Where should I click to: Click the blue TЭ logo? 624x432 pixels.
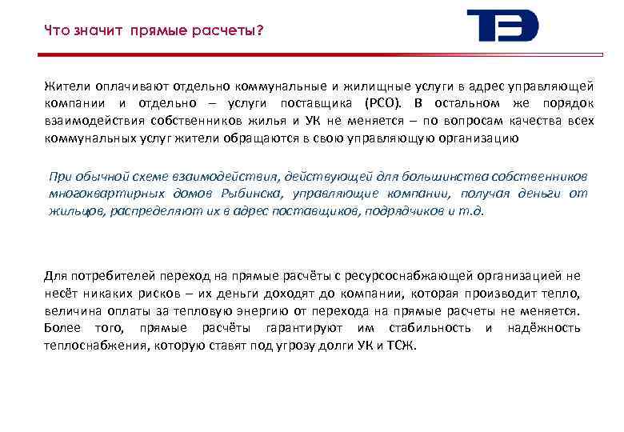pos(502,26)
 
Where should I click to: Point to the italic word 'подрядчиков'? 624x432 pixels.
pos(391,210)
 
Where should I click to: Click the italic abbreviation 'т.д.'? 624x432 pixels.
pos(471,210)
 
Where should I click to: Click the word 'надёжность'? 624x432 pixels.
pos(544,328)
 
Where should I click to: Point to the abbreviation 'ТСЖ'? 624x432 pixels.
pos(400,346)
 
